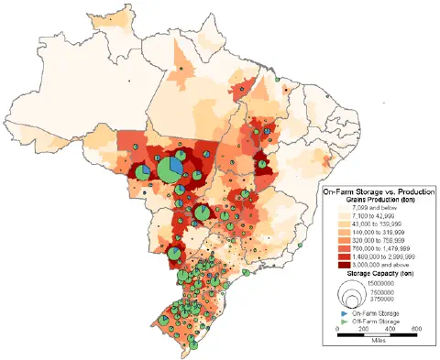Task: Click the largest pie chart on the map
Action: click(x=170, y=169)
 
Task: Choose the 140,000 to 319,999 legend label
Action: click(x=378, y=234)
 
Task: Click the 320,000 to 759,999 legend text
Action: click(x=378, y=242)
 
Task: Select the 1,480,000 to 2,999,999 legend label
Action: click(x=382, y=258)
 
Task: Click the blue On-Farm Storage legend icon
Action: click(x=342, y=313)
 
